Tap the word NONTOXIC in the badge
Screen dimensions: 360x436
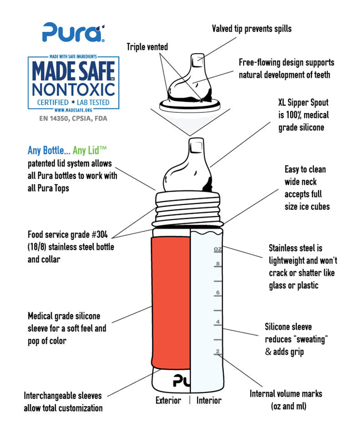pos(74,89)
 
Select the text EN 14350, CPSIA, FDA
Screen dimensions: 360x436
pos(73,119)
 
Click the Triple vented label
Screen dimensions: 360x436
pos(147,47)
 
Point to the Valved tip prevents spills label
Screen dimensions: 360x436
pos(251,29)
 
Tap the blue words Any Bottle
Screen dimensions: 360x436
pos(49,150)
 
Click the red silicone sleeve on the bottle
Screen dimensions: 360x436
pos(171,303)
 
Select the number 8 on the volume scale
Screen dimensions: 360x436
pos(218,263)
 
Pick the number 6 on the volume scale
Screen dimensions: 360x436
pos(218,292)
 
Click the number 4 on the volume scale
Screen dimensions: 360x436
pos(218,322)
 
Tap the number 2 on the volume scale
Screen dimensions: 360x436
pos(218,351)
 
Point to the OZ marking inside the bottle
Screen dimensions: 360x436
pos(218,249)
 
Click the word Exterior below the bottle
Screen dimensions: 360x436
pos(168,401)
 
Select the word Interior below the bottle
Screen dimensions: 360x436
pos(209,401)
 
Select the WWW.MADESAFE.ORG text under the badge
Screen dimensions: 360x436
pos(73,110)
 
